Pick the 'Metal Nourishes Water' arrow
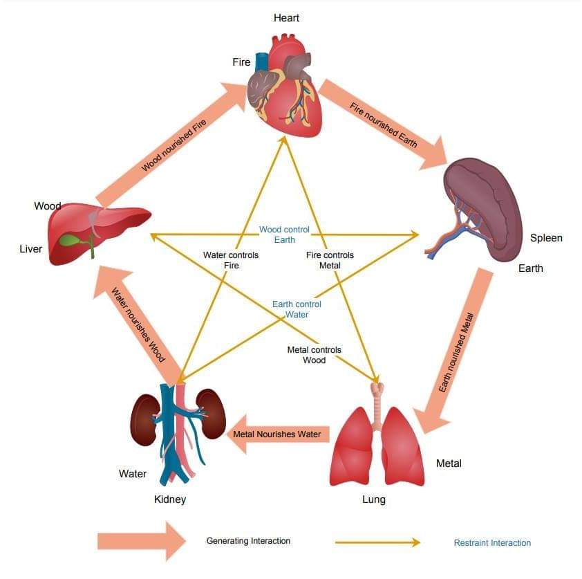tap(276, 434)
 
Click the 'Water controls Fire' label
tap(231, 260)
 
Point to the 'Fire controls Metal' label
tap(330, 260)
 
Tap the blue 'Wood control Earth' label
tap(284, 235)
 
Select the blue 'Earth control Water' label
tap(297, 309)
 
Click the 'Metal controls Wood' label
tap(314, 355)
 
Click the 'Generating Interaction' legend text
tap(248, 541)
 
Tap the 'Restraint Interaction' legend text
tap(492, 543)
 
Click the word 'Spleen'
tap(546, 238)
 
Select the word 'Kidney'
tap(170, 499)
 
